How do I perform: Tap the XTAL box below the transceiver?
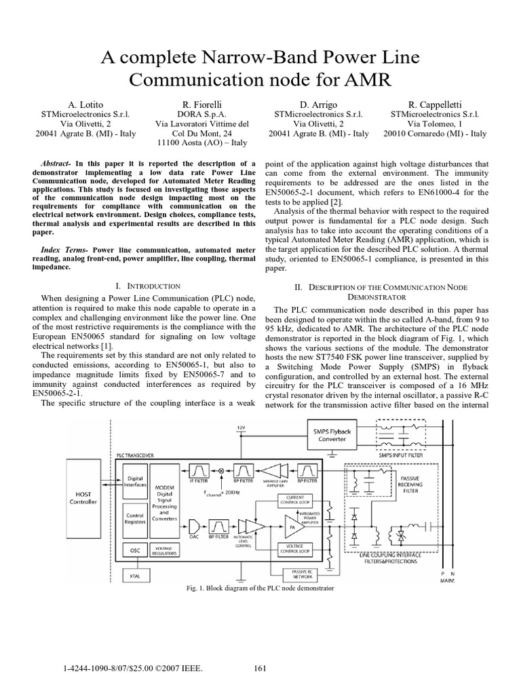[x=134, y=576]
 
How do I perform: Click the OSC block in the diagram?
[x=133, y=551]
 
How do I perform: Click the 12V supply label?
[x=240, y=428]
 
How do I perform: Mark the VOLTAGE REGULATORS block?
[x=166, y=551]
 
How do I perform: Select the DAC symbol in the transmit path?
[x=193, y=525]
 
